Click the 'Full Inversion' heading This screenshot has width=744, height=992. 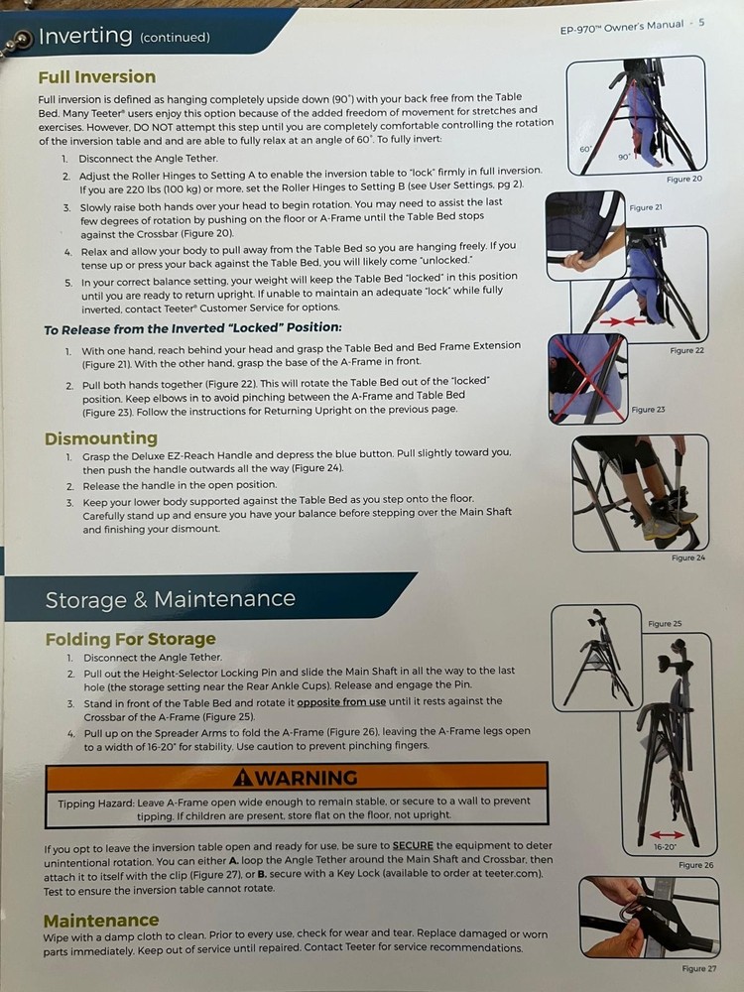(x=96, y=76)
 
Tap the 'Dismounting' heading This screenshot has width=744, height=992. (x=100, y=437)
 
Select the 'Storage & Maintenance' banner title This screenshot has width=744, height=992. (x=170, y=598)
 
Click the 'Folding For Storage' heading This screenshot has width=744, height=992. (x=130, y=639)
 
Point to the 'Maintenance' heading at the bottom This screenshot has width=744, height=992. (x=100, y=920)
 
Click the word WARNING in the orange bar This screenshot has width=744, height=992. (x=295, y=777)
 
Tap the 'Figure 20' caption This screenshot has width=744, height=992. (x=683, y=179)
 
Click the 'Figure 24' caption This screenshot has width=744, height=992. (x=688, y=558)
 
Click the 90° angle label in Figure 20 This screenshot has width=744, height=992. (x=624, y=157)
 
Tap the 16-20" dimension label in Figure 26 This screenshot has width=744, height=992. (x=666, y=848)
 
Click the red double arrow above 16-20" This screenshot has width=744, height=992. (x=665, y=835)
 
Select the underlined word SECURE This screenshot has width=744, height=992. (x=412, y=846)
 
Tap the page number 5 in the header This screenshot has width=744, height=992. (x=701, y=24)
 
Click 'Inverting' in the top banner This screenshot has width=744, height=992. (x=84, y=37)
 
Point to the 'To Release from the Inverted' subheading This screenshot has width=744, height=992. (x=192, y=328)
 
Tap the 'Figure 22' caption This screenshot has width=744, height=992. (x=687, y=350)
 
